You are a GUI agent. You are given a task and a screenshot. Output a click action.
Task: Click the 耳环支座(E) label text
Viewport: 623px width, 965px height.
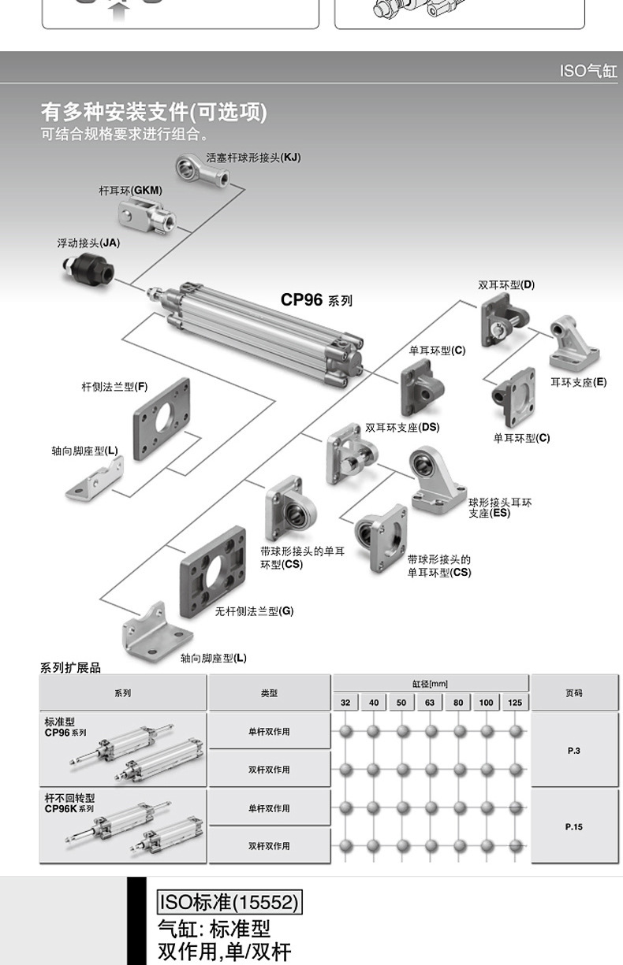click(x=578, y=382)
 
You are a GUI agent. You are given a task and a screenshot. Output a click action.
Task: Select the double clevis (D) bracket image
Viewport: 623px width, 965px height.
click(x=503, y=319)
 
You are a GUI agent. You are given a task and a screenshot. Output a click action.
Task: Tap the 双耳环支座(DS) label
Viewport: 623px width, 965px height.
click(x=402, y=428)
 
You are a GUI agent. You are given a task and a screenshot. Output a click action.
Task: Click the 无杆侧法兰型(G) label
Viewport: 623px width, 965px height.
click(x=254, y=611)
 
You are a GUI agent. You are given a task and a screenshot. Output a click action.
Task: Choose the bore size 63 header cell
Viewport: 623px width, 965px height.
click(x=430, y=702)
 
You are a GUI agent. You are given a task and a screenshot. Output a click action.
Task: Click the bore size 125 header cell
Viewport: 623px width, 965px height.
click(x=514, y=702)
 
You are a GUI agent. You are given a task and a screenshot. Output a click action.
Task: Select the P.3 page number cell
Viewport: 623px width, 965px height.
click(x=573, y=751)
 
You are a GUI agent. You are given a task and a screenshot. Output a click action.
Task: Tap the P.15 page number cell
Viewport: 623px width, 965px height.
click(x=573, y=827)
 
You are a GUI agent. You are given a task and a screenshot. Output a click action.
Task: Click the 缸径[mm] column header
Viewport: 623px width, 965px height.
click(x=430, y=683)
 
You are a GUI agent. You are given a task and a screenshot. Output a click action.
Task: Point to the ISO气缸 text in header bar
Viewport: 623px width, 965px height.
click(x=588, y=71)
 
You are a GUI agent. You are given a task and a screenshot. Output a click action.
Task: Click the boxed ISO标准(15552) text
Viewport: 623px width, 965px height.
click(x=229, y=902)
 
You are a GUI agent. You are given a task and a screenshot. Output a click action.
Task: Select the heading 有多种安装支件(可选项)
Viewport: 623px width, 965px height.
click(x=154, y=113)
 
